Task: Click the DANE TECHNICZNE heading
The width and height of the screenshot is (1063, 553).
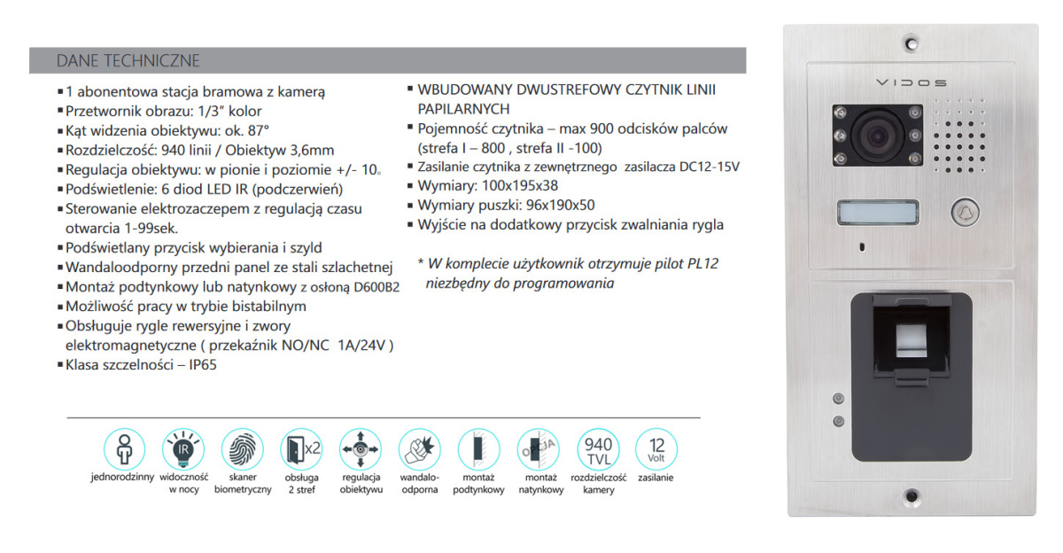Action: click(x=128, y=60)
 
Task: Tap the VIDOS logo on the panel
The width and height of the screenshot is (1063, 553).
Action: click(x=911, y=82)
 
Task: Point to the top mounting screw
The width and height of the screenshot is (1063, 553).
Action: click(x=911, y=43)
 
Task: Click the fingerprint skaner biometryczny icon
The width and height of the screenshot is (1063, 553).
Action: click(x=242, y=448)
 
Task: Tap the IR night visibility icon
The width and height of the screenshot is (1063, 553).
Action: click(x=182, y=448)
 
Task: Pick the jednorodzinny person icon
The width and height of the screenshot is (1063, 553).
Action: click(x=123, y=448)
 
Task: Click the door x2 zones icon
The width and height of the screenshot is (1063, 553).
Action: click(x=301, y=448)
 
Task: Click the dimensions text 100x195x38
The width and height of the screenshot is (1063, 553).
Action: click(x=514, y=186)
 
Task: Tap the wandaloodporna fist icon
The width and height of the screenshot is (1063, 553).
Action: click(x=420, y=448)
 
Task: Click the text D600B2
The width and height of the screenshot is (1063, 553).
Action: click(x=375, y=287)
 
